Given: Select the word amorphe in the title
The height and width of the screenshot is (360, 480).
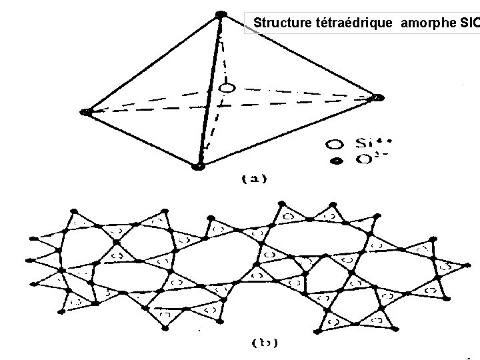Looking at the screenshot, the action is pyautogui.click(x=427, y=23).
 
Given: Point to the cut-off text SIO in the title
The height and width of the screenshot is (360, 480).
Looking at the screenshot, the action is pyautogui.click(x=469, y=23).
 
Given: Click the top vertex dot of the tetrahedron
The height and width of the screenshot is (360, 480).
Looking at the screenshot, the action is pyautogui.click(x=221, y=15).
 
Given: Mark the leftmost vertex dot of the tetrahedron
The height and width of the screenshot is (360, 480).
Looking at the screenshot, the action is pyautogui.click(x=85, y=112).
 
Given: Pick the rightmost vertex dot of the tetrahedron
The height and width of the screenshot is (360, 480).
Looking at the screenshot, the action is pyautogui.click(x=378, y=97).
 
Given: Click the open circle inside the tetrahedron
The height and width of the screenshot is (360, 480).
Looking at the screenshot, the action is pyautogui.click(x=227, y=88).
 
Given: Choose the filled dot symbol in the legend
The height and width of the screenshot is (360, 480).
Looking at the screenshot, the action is pyautogui.click(x=336, y=161).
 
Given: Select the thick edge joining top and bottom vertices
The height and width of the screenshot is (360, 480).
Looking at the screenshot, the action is pyautogui.click(x=209, y=90).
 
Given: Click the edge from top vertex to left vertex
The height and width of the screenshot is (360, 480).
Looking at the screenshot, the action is pyautogui.click(x=153, y=63).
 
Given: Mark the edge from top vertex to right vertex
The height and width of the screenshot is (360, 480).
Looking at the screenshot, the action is pyautogui.click(x=299, y=56).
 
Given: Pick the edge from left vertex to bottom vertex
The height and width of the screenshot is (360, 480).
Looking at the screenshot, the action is pyautogui.click(x=141, y=139).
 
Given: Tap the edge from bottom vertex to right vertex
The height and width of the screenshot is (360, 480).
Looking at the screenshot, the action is pyautogui.click(x=287, y=131).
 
